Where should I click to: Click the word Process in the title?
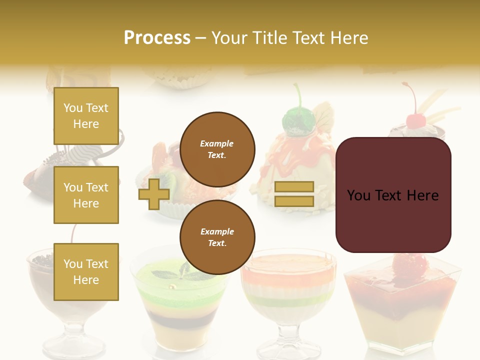(x=157, y=38)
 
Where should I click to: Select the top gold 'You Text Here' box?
(x=86, y=116)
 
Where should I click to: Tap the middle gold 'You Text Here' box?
(x=86, y=195)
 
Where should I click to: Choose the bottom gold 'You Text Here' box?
(x=86, y=272)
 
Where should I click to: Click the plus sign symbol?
(x=153, y=194)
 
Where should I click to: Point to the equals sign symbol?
(x=294, y=194)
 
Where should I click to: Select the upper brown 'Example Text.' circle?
(x=217, y=149)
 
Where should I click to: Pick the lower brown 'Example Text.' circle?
(x=217, y=237)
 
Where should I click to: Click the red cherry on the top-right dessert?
(x=414, y=120)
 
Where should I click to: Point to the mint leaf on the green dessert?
(x=167, y=274)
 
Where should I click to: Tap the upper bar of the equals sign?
(x=294, y=186)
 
